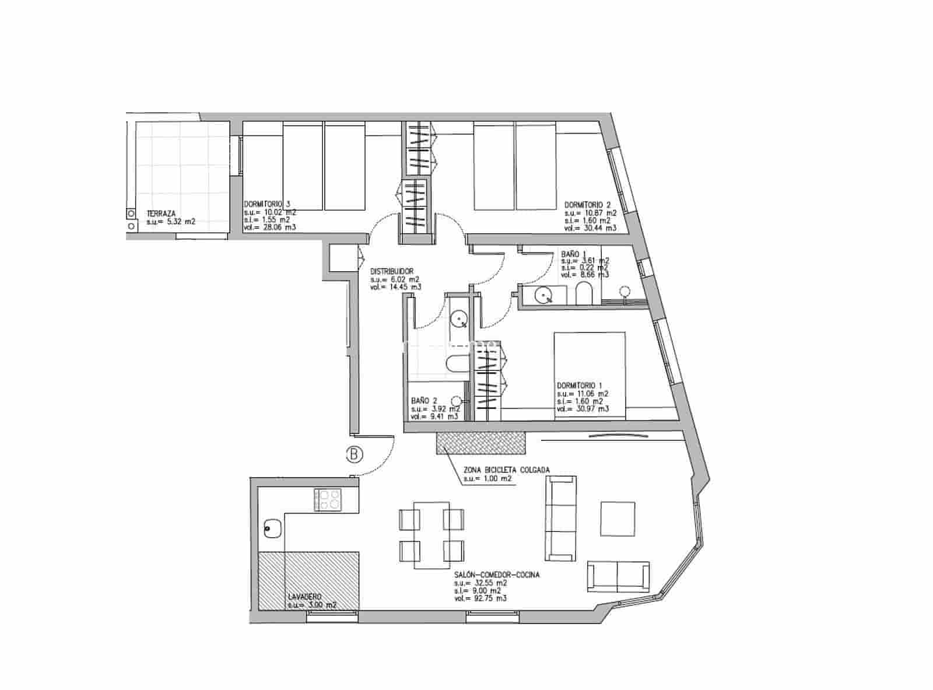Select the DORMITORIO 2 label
587,205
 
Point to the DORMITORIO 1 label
580,386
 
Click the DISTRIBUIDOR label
392,271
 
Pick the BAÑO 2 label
424,401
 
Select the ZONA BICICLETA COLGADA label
506,470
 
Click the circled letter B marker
354,454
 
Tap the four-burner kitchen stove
328,499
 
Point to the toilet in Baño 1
583,293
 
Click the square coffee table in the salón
618,519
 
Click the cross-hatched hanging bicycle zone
480,442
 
